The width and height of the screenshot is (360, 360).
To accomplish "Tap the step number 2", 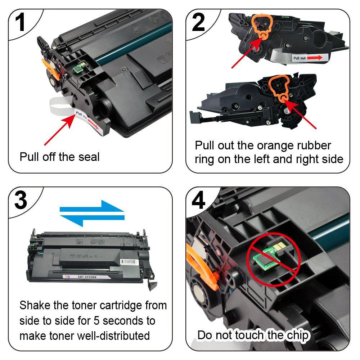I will click(198, 22).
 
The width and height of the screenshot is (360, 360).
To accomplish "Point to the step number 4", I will click(198, 201).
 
